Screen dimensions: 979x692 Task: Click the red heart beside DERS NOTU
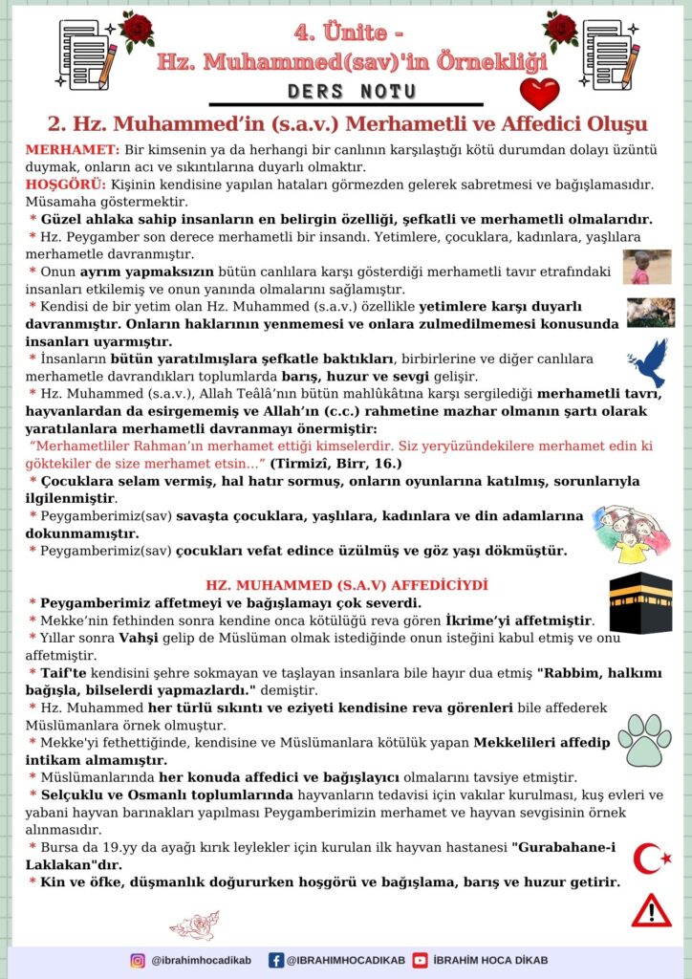(539, 94)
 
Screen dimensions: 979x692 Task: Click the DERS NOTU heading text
(352, 91)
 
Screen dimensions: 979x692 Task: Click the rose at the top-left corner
(137, 29)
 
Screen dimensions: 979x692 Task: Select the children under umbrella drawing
(631, 533)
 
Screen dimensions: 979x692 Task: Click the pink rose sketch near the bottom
(194, 925)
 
